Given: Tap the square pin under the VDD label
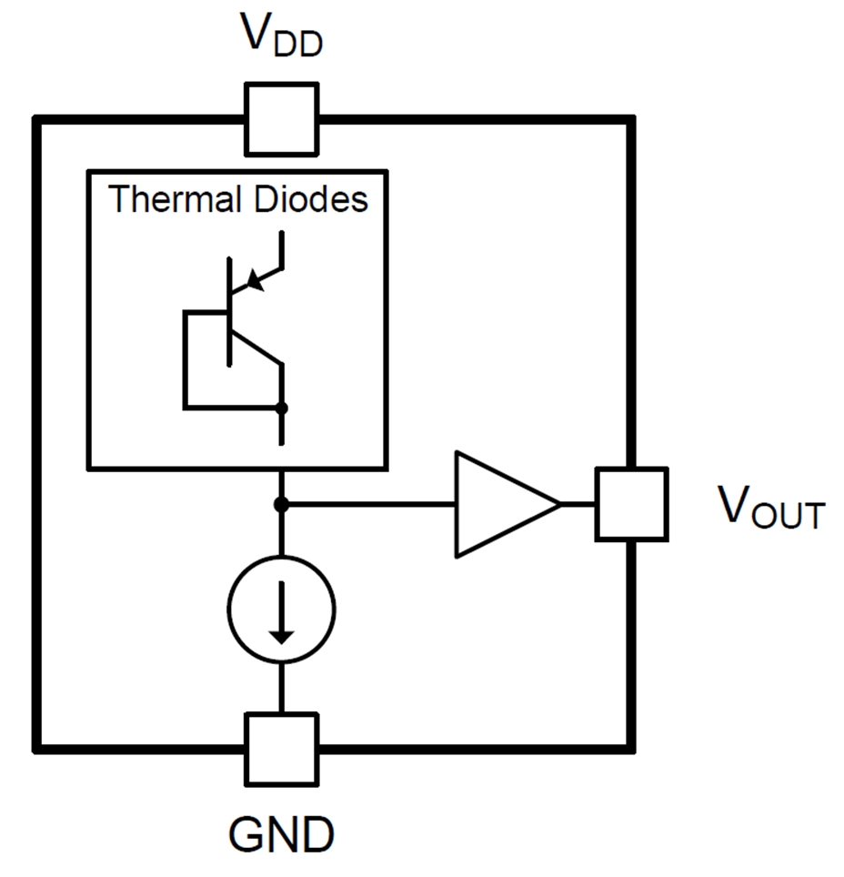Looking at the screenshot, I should [281, 119].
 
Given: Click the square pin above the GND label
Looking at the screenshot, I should [281, 749].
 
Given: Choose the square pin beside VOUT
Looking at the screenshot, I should [631, 503].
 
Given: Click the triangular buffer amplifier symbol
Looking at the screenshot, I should [500, 503].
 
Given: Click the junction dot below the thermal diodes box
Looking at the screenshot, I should [281, 503].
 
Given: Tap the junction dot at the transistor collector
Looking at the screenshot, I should [281, 408].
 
